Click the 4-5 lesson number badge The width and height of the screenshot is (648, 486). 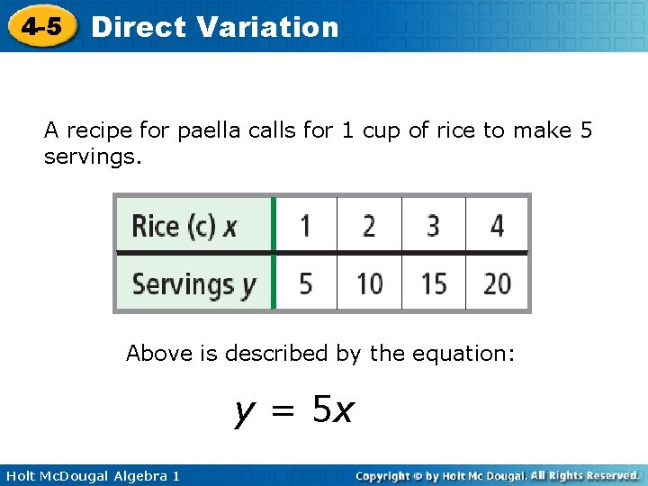click(x=41, y=27)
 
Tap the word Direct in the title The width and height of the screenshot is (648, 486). click(x=139, y=27)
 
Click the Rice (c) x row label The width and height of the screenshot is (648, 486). click(x=184, y=225)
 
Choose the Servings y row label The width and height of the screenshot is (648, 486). click(x=193, y=284)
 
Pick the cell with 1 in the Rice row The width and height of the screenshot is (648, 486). click(x=305, y=225)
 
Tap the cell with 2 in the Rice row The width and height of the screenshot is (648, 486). click(x=369, y=225)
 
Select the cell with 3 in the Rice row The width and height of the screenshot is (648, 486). click(x=433, y=225)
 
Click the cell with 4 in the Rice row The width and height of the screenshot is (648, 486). click(x=497, y=225)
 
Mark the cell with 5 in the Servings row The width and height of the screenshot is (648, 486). click(x=305, y=284)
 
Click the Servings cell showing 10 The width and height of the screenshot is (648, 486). click(x=369, y=284)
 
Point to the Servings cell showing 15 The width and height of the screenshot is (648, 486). click(x=433, y=284)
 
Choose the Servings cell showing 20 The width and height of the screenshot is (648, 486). click(x=497, y=284)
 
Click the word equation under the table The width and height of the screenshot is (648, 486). click(x=466, y=354)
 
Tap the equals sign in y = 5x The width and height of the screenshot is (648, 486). click(x=284, y=411)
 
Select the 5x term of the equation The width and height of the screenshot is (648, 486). click(x=333, y=411)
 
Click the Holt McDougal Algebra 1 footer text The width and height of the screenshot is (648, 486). click(x=91, y=475)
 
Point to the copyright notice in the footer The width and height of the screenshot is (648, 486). click(x=497, y=475)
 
